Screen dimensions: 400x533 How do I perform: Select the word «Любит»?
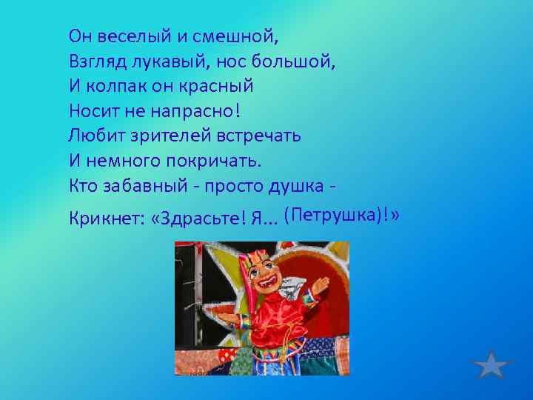click(93, 136)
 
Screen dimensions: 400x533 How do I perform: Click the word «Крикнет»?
click(104, 219)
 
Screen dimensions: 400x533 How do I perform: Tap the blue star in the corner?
click(491, 366)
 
